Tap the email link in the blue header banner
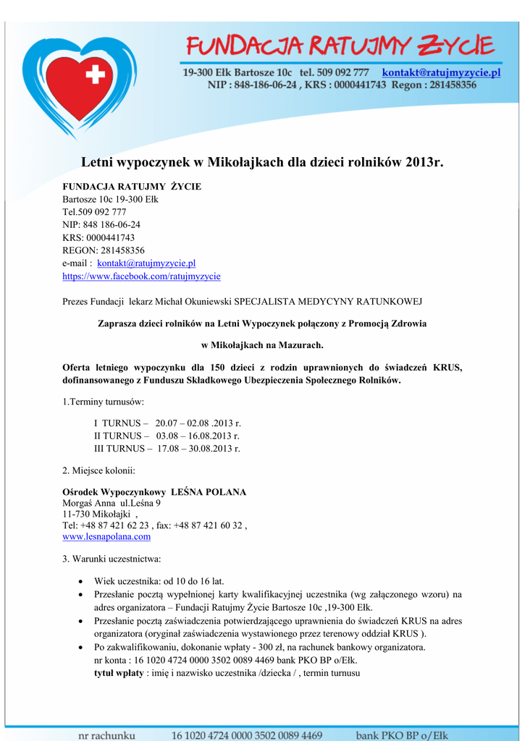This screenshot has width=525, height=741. (441, 72)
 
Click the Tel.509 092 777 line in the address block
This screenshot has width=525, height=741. (94, 212)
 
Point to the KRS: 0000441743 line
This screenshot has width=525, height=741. (98, 237)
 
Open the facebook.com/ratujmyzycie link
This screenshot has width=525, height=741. (141, 276)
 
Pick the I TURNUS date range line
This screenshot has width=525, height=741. (167, 423)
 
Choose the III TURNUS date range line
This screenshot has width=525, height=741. (167, 449)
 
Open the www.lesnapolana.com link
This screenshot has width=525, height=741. (106, 537)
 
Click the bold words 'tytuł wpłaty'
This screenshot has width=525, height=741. (119, 673)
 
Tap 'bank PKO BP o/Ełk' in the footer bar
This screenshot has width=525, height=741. (401, 735)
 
